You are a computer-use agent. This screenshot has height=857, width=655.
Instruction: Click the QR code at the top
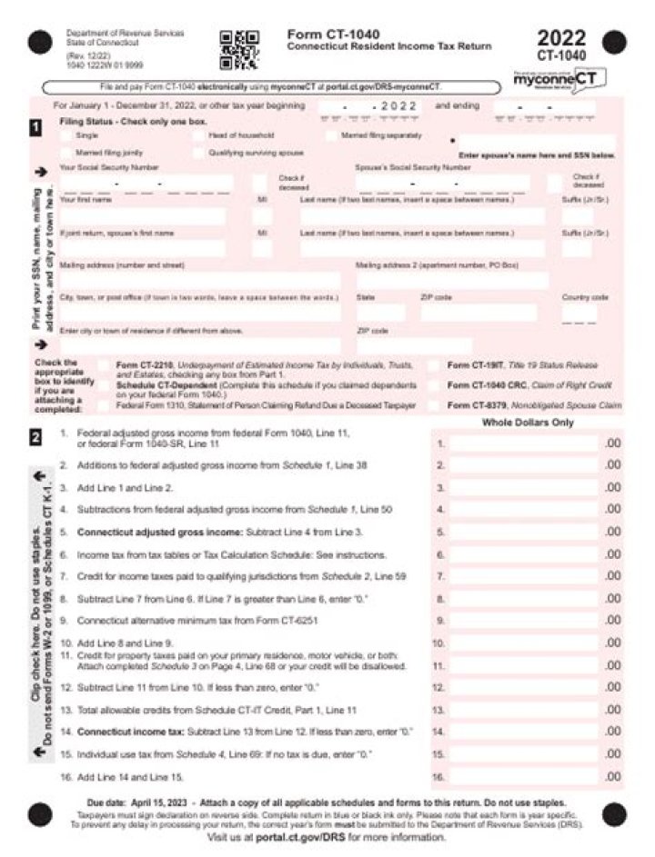click(239, 50)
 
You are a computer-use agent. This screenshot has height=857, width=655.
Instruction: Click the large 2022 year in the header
click(561, 39)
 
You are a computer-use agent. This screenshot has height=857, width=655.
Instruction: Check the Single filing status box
click(66, 135)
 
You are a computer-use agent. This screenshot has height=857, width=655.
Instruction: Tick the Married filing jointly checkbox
click(66, 153)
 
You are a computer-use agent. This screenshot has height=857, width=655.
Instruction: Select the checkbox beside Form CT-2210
click(104, 365)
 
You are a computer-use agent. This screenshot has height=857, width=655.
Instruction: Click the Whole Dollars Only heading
click(528, 423)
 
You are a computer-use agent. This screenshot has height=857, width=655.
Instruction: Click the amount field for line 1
click(523, 443)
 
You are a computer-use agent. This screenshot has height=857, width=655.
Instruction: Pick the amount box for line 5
click(523, 532)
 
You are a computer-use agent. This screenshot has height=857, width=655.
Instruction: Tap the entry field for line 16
click(523, 777)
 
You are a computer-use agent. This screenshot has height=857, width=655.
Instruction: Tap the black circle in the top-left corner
click(40, 41)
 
